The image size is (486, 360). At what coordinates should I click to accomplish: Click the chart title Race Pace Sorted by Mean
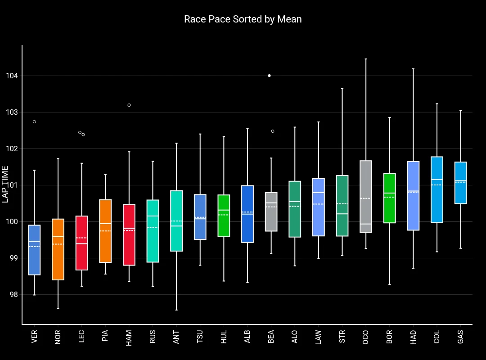point(243,19)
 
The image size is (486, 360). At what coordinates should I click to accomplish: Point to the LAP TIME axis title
point(5,184)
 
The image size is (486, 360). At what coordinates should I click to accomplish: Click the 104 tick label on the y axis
point(12,76)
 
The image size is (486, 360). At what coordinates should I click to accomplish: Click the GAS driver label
point(460,337)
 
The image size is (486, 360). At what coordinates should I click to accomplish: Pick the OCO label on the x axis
point(365,337)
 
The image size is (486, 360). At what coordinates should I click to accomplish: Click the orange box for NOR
point(58,249)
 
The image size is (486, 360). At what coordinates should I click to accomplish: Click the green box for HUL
point(224,216)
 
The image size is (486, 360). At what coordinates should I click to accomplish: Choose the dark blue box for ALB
point(247,214)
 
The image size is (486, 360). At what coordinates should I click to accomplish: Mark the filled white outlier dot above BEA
point(269,76)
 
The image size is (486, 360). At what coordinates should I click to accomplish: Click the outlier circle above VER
point(34,121)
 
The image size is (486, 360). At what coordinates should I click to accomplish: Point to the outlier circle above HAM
point(129,105)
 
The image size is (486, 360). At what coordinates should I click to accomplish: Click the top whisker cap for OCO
point(366,59)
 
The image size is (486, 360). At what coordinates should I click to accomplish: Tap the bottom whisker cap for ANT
point(176,310)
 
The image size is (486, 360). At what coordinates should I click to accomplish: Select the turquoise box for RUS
point(153,231)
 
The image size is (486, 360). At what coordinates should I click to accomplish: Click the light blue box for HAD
point(413,196)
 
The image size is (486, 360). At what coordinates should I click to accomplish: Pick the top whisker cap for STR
point(342,89)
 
